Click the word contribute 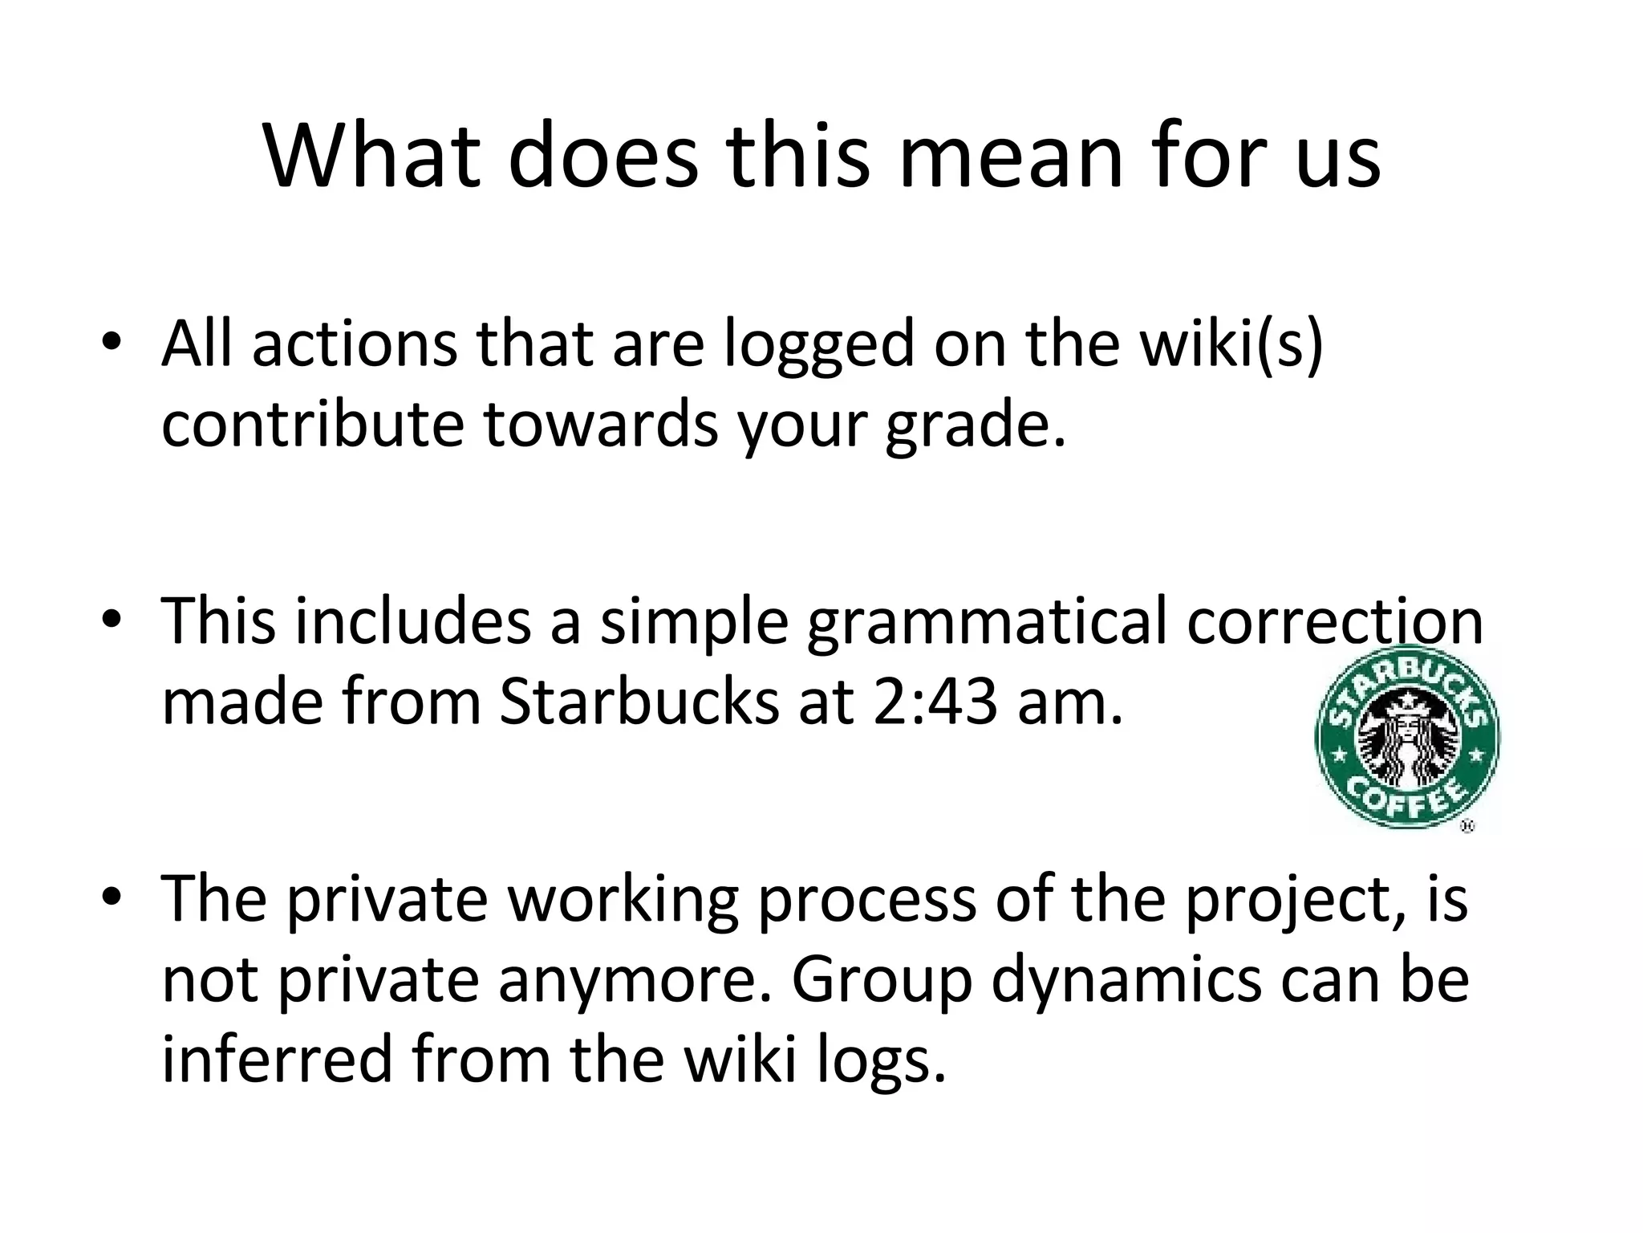[x=312, y=423]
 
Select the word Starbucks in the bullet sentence [x=639, y=701]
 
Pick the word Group [x=881, y=981]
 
